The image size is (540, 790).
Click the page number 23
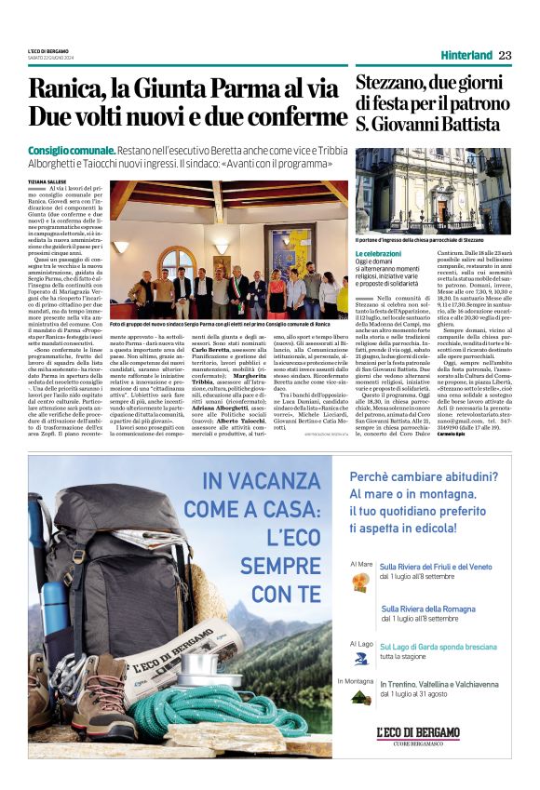(x=505, y=55)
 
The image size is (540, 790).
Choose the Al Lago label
(x=360, y=644)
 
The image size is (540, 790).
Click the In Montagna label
(x=356, y=680)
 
